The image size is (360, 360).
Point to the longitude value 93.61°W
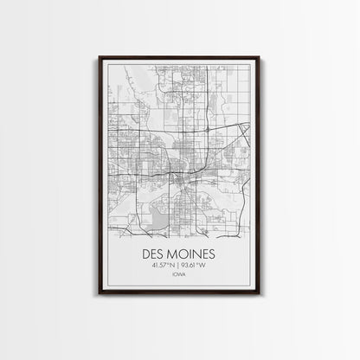[x=196, y=267]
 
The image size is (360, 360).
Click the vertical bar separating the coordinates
[x=179, y=267]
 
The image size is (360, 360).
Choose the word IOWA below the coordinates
[x=179, y=278]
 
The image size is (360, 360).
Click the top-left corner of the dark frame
[x=100, y=57]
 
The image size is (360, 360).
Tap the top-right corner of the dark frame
[x=260, y=57]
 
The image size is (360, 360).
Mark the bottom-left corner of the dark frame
[x=100, y=293]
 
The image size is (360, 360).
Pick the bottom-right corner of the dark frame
[x=260, y=293]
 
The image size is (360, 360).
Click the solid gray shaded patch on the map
[x=157, y=211]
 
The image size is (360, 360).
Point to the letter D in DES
[x=143, y=255]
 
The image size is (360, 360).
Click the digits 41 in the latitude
[x=154, y=267]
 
